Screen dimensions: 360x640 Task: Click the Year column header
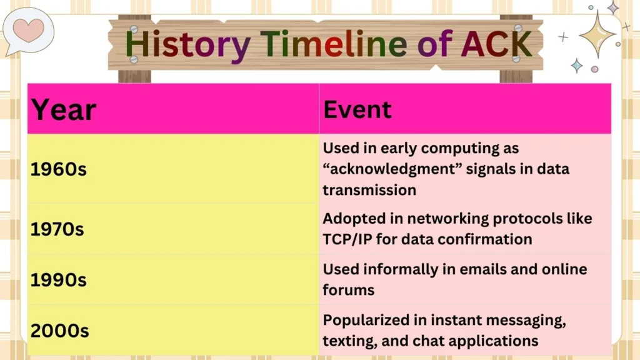pyautogui.click(x=64, y=110)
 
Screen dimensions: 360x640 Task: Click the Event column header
pyautogui.click(x=357, y=109)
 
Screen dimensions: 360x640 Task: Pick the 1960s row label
pyautogui.click(x=58, y=169)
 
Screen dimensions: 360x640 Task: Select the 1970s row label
pyautogui.click(x=57, y=229)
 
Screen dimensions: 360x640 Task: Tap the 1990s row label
pyautogui.click(x=58, y=280)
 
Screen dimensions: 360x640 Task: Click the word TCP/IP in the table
pyautogui.click(x=348, y=239)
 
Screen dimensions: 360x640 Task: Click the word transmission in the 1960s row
pyautogui.click(x=369, y=189)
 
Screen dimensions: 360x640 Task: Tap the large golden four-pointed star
pyautogui.click(x=597, y=34)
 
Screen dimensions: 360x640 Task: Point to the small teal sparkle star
pyautogui.click(x=577, y=66)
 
